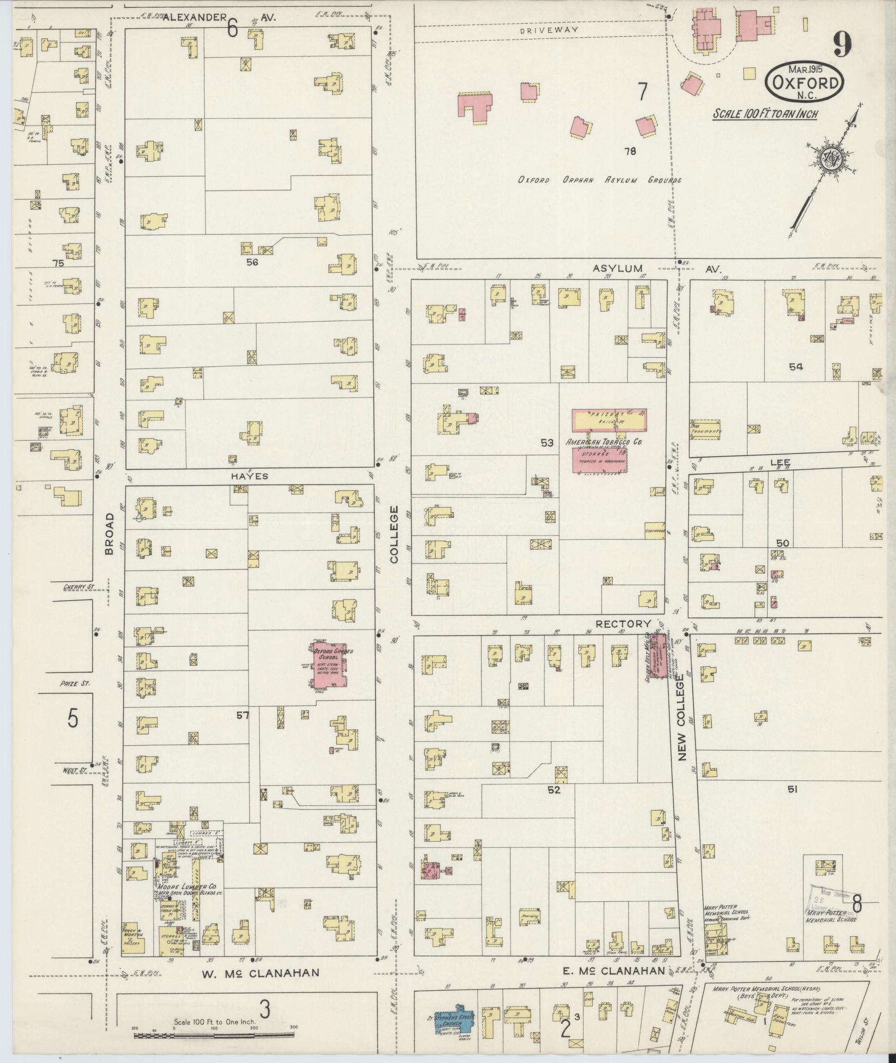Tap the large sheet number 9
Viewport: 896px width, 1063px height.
point(842,44)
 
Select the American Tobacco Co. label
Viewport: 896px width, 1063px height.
point(604,442)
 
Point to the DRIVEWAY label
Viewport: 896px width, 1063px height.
point(549,30)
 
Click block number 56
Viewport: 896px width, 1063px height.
point(252,262)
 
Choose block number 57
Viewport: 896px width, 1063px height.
point(242,715)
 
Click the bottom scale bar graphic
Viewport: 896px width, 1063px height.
point(214,1035)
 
